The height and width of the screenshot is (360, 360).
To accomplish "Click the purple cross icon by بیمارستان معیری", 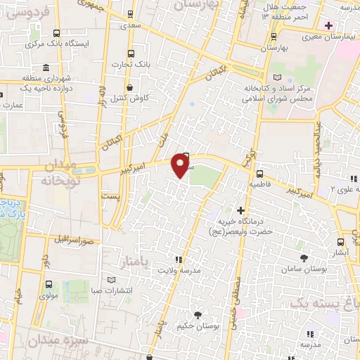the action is click(328, 25).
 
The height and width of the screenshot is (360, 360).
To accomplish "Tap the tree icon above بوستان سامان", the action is click(304, 258).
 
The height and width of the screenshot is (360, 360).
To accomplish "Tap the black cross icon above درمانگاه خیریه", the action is click(240, 210).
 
